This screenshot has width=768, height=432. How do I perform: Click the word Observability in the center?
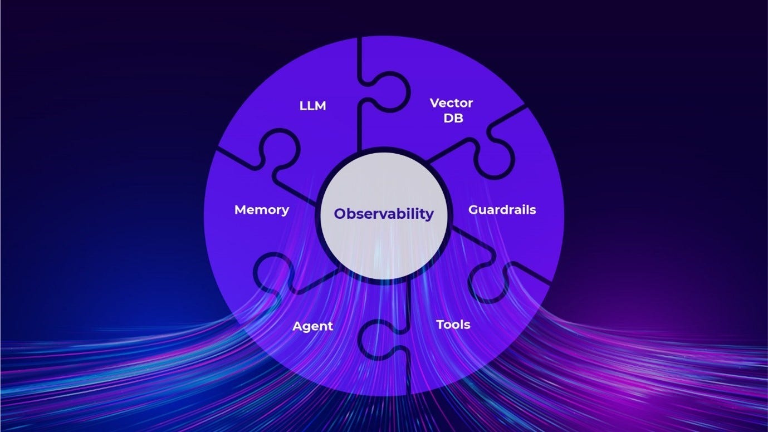384,214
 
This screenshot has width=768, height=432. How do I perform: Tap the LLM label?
312,106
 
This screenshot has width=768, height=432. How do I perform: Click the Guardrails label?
502,210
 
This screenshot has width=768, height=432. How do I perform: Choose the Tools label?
453,324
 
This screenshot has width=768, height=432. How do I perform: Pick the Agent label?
312,326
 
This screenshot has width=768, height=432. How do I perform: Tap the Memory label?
262,210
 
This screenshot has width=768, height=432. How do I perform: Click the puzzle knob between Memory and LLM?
278,148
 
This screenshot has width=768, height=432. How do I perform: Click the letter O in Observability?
340,214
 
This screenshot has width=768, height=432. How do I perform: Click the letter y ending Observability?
429,215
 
